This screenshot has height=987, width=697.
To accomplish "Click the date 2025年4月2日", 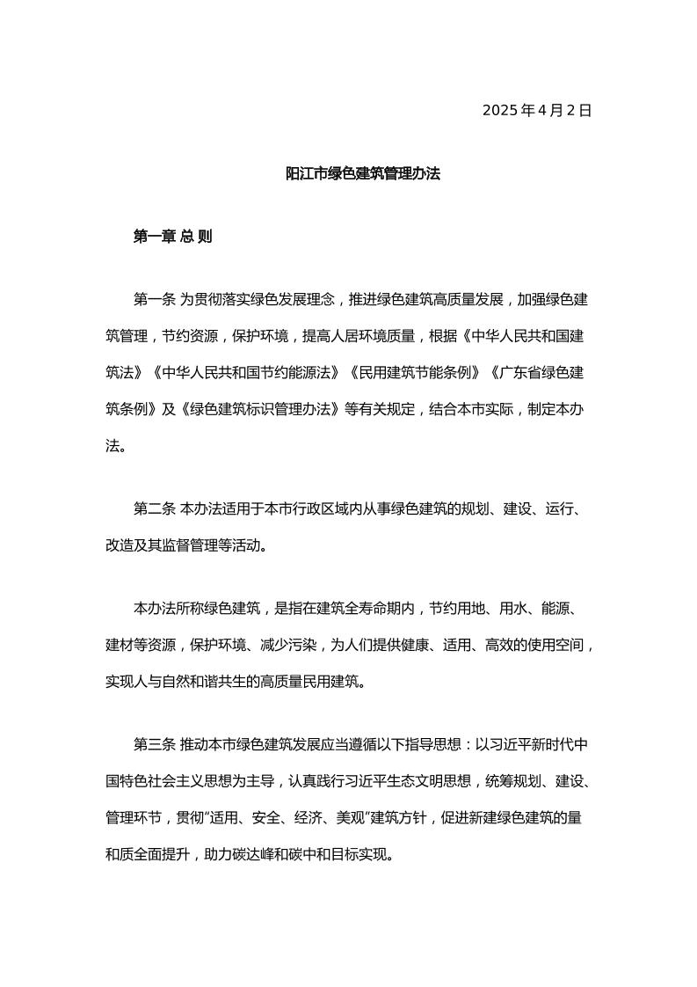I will (x=537, y=110).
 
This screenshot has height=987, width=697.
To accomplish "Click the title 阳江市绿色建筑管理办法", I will (x=363, y=173).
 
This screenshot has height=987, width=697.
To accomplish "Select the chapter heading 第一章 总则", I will (x=172, y=237).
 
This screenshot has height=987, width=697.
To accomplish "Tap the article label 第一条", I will (x=155, y=300).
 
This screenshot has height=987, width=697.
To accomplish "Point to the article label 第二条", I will (x=155, y=508).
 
